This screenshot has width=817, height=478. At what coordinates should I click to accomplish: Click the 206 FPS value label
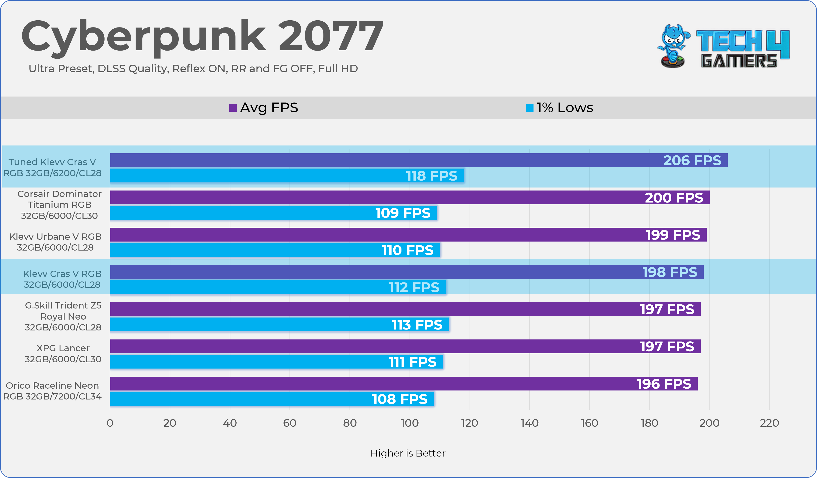(x=692, y=160)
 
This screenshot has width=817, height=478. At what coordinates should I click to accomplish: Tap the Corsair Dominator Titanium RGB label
(x=59, y=205)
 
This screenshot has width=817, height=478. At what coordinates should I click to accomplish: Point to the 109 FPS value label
(x=403, y=213)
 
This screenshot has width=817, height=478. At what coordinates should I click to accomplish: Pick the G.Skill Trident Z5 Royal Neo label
(x=63, y=316)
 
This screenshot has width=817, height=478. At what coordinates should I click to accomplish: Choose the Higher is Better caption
(x=408, y=453)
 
